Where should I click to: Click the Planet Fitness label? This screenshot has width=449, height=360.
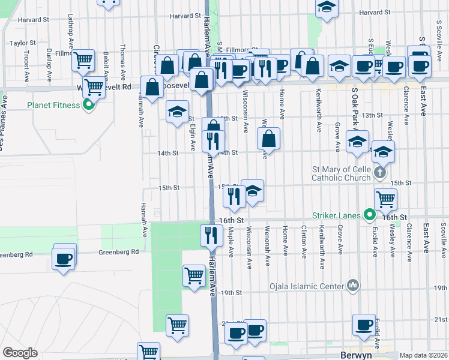coord(53,106)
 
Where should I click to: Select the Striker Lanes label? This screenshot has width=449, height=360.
coord(336,215)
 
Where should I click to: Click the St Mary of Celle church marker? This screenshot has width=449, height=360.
coord(379,173)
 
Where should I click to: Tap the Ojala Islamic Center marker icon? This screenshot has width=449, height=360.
coord(352,286)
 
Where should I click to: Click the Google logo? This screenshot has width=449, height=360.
coord(20,353)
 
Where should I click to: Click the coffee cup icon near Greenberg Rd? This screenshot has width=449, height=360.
coord(64,258)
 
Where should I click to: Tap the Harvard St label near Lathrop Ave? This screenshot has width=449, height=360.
coord(33,20)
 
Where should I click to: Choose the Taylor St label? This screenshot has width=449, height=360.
coord(23,43)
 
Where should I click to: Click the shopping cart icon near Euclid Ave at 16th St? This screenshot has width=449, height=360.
coord(385,199)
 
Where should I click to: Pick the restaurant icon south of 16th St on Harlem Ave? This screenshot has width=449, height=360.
coord(211,235)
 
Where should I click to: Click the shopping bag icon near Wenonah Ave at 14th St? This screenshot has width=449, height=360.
coord(269,138)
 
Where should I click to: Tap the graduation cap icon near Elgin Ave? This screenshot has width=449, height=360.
coord(177,112)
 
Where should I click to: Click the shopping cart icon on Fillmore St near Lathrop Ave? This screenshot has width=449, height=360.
coord(84,59)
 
